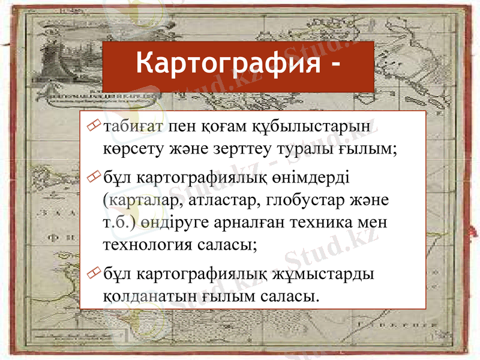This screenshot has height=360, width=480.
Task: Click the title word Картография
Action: (x=227, y=63)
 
